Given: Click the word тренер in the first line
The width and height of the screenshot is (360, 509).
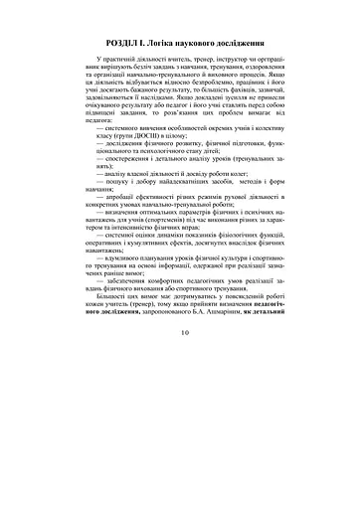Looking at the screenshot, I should click(194, 64).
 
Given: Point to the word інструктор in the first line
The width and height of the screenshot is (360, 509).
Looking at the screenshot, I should click(230, 64).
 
